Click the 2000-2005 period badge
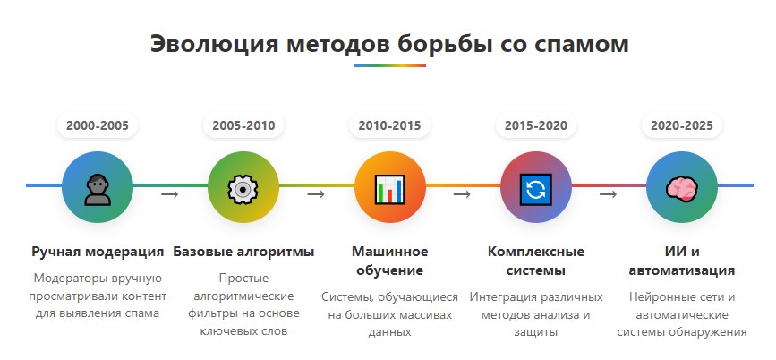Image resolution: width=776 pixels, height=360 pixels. [98, 125]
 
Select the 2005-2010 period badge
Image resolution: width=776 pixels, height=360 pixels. [243, 125]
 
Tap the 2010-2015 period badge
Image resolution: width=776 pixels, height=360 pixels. [389, 125]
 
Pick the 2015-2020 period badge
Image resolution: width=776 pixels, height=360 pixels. [536, 125]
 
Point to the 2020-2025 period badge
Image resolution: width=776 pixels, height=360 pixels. [682, 125]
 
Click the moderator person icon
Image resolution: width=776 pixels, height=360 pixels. [98, 190]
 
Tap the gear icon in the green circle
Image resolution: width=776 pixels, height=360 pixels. [243, 189]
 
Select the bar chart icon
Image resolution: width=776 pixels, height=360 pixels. [389, 189]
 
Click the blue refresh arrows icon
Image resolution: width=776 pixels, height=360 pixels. [536, 189]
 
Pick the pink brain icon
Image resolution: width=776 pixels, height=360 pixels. [682, 189]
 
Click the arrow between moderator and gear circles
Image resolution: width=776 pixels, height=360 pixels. [170, 194]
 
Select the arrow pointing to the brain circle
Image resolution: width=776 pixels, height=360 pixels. [609, 194]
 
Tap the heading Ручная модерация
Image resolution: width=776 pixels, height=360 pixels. [98, 252]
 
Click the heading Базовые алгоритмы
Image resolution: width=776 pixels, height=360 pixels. [243, 252]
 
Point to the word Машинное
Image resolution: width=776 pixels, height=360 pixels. [390, 252]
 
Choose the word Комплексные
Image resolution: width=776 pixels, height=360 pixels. [536, 252]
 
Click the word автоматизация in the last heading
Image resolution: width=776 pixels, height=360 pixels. [682, 271]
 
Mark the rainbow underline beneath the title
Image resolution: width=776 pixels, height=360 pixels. [390, 65]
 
